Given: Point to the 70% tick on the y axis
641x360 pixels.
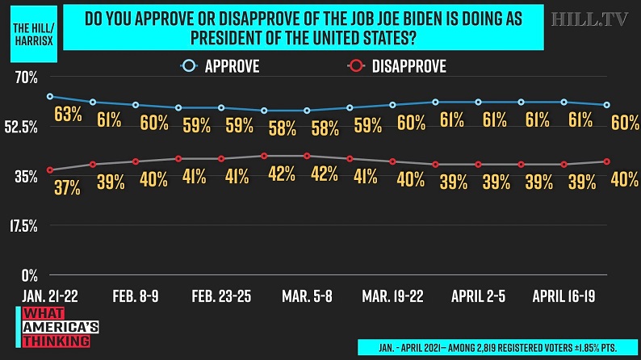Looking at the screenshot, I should (26, 77).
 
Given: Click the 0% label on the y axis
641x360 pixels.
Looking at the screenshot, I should (29, 274).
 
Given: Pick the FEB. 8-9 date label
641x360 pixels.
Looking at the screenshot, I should (135, 297).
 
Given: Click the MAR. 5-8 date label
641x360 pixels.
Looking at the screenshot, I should (307, 297).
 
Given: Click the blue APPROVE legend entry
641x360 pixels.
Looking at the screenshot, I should (221, 67).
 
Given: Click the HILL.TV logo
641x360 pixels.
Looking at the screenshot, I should (590, 19).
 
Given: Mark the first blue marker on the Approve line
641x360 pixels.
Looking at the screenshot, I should (50, 97).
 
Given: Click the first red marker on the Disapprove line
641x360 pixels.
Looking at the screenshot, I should (50, 170).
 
